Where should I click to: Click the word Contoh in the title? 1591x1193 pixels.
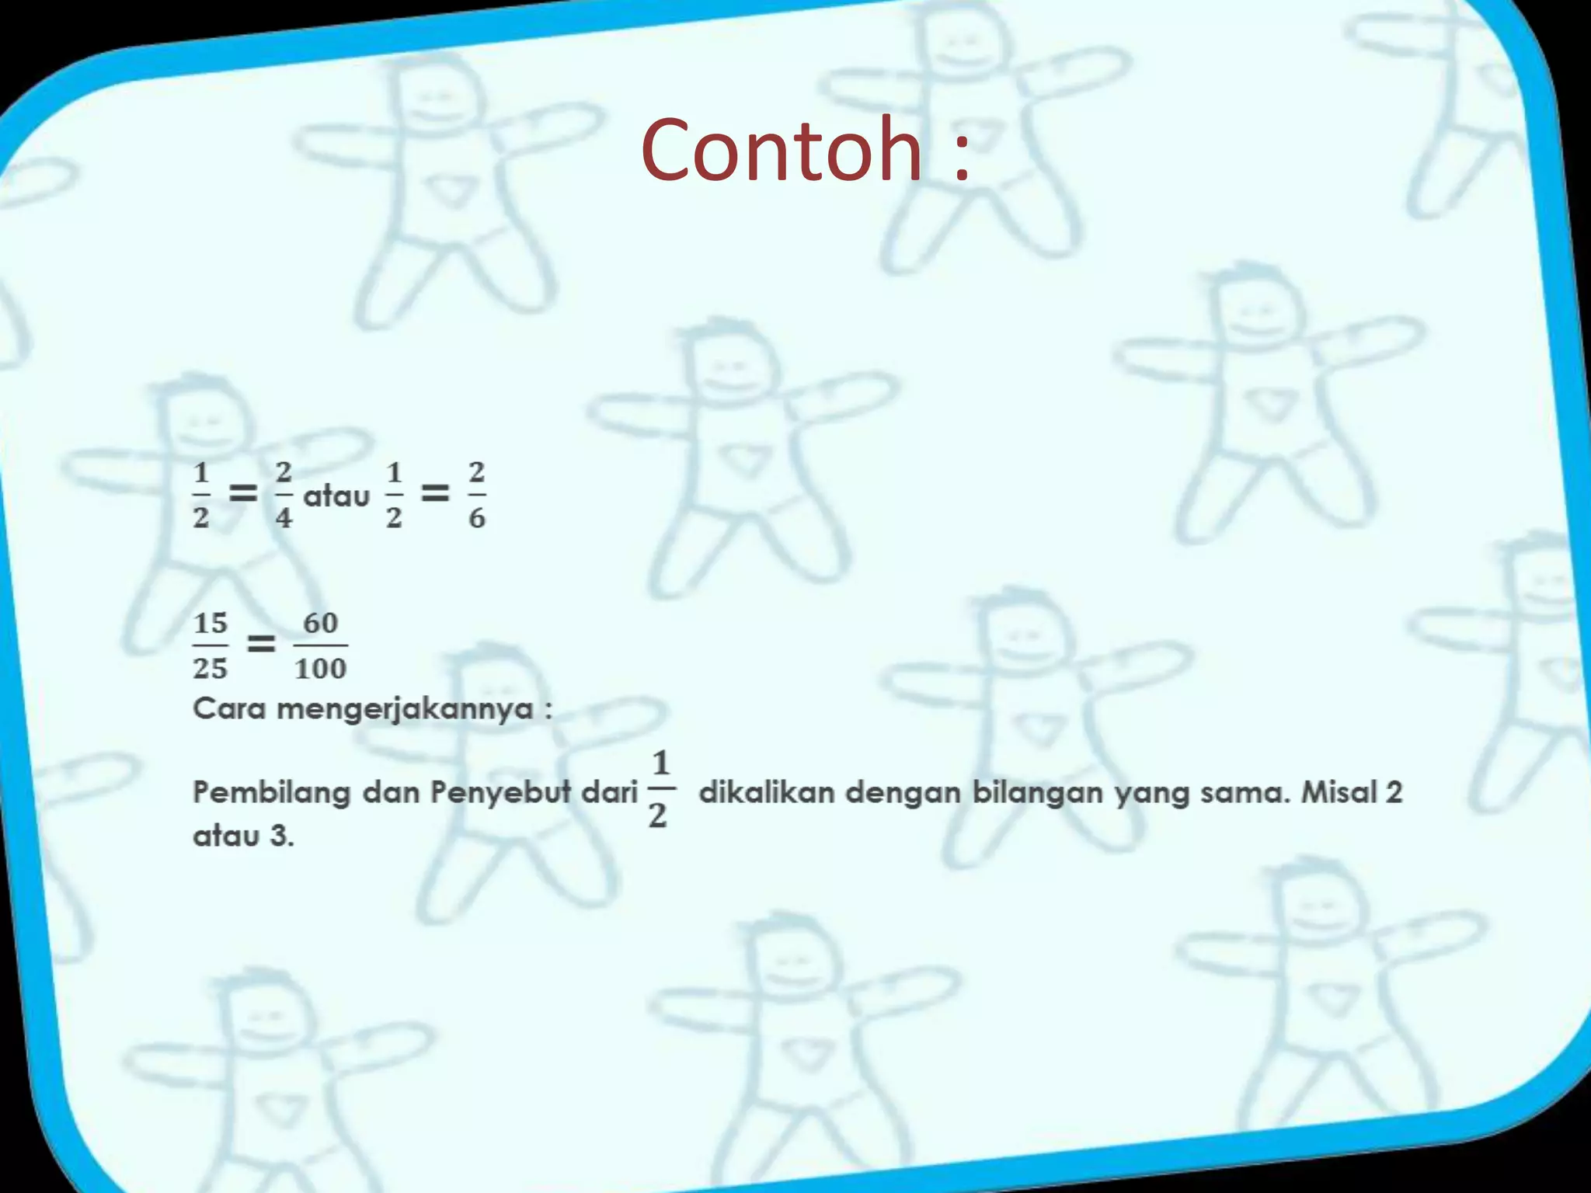781,149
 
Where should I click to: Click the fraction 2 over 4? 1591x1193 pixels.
284,494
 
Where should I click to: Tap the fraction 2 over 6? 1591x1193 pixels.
477,494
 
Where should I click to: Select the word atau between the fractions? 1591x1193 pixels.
336,496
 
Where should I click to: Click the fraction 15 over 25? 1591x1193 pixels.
211,645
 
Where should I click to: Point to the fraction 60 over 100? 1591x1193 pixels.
320,645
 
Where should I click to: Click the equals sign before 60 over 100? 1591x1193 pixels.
261,643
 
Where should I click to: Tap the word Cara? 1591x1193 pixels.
229,708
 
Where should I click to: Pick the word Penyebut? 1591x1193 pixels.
500,793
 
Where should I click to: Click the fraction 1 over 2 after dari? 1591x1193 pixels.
660,789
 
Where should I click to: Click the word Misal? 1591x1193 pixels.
1339,792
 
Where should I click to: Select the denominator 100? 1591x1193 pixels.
320,668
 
